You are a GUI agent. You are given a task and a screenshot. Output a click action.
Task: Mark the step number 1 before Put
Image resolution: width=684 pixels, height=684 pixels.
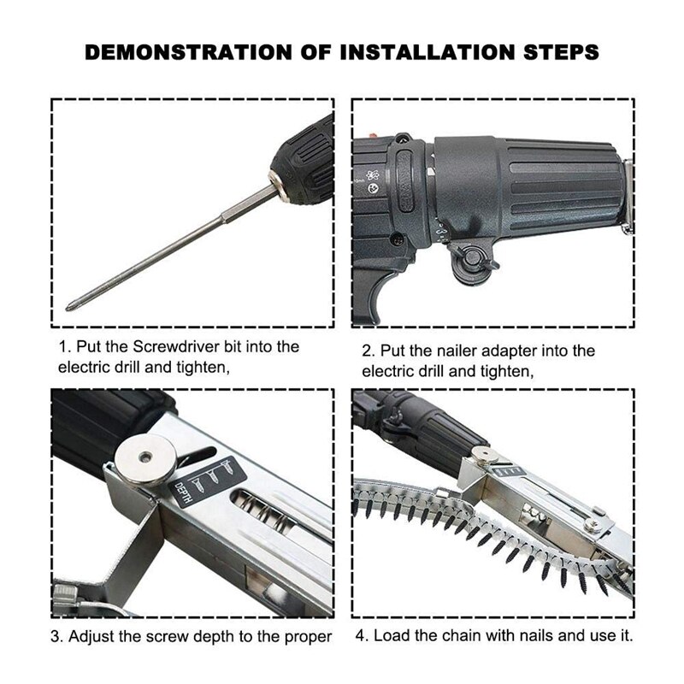[62, 347]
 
